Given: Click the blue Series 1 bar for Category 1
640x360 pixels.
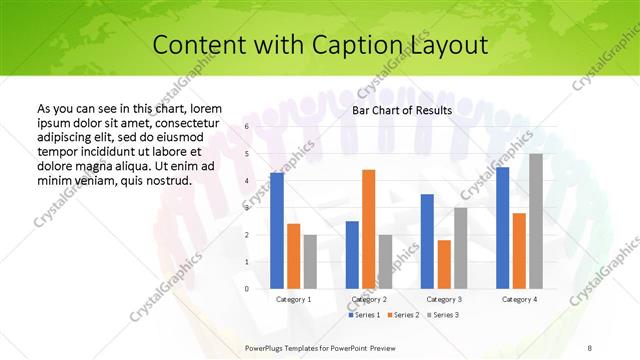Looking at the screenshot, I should click(x=277, y=230).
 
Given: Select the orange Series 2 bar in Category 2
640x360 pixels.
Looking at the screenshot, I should click(x=368, y=229).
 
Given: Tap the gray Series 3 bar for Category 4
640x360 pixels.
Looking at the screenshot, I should click(x=536, y=221).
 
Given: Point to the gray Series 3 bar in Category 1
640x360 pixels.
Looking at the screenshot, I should click(x=310, y=261).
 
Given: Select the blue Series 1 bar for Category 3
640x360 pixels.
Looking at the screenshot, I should click(x=427, y=241).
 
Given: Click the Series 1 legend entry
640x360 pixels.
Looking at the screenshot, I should click(x=365, y=315).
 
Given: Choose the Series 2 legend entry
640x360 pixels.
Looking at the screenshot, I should click(x=403, y=315).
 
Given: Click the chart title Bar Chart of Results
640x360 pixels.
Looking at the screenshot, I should click(x=402, y=111).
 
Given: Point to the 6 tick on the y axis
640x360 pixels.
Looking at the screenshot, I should click(x=245, y=127).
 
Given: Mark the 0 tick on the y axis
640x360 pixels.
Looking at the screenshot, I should click(x=245, y=288).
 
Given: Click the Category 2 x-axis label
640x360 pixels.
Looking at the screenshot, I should click(x=369, y=299).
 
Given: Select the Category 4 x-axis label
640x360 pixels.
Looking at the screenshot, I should click(x=519, y=299).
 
